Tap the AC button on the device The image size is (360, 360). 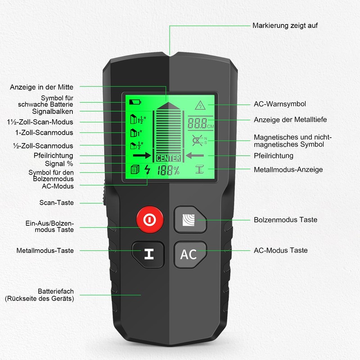[189, 254]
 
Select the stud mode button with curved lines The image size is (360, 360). [189, 220]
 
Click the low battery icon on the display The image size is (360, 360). [135, 102]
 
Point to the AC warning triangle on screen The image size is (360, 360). [198, 106]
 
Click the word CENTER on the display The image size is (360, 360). [168, 158]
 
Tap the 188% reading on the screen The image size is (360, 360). [168, 171]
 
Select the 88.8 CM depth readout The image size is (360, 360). [198, 123]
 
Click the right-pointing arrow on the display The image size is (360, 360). [141, 156]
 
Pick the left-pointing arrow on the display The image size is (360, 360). [195, 156]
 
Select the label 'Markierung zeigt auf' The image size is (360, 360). [285, 25]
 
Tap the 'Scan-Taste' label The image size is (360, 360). [56, 202]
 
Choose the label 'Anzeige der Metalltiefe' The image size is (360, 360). [290, 120]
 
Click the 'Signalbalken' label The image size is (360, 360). [52, 111]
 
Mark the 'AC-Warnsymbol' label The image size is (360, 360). [280, 104]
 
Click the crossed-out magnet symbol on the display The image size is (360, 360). [197, 140]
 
